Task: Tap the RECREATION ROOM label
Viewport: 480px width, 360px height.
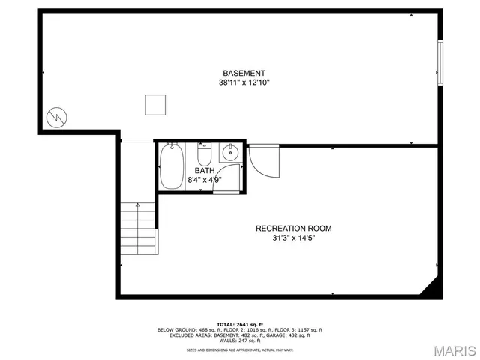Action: [293, 229]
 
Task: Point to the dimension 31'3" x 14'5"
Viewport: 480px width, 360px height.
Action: [293, 238]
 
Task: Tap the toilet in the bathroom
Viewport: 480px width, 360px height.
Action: [204, 154]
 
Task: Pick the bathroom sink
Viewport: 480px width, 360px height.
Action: [229, 153]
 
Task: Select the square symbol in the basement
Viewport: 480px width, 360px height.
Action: [155, 105]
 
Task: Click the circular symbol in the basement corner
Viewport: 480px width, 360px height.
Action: [56, 118]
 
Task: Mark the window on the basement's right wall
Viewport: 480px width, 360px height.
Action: [440, 64]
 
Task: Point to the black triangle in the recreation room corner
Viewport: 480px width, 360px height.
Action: [430, 288]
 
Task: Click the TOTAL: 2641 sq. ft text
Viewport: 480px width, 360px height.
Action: [240, 323]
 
